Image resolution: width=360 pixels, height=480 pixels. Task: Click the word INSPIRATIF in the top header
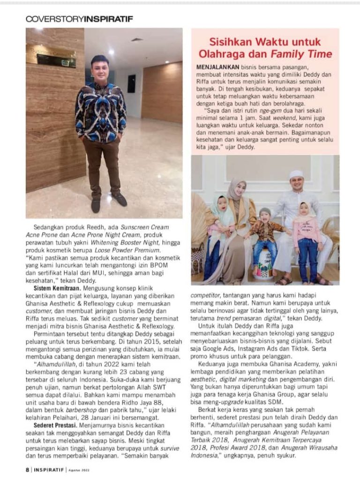coord(108,19)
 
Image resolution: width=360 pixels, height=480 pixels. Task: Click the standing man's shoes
coord(108,202)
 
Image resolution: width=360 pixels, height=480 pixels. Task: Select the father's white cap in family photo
coord(296,174)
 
